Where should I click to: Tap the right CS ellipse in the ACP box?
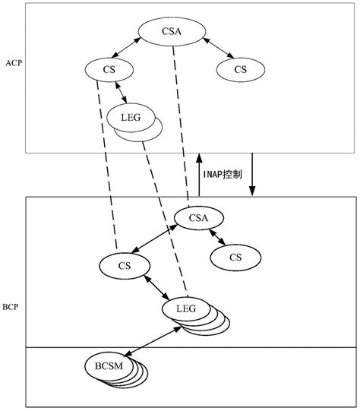241,70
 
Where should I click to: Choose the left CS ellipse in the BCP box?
124,266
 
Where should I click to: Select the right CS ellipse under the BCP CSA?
235,258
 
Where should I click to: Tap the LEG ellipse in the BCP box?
186,308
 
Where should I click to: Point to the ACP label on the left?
12,64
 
